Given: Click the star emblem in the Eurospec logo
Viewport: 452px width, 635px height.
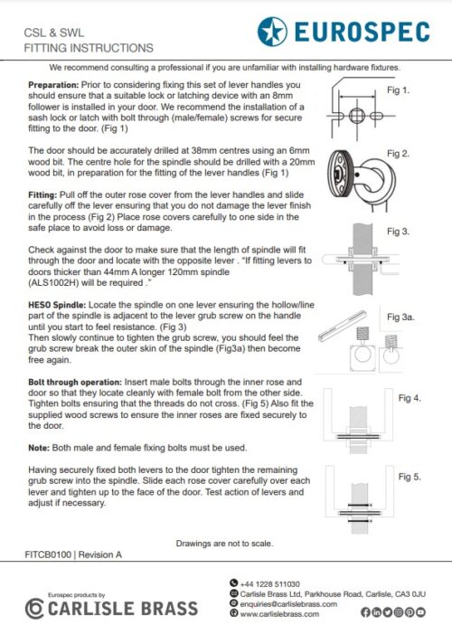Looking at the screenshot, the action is [272, 32].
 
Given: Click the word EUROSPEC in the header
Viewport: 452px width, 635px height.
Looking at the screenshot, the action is [363, 32].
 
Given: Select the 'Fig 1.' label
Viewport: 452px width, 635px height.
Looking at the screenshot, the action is [398, 90].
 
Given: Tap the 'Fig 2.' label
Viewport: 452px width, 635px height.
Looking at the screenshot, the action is [398, 154].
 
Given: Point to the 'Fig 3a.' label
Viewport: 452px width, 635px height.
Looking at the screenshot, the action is [400, 317].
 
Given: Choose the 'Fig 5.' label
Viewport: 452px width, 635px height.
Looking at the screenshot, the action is [410, 477].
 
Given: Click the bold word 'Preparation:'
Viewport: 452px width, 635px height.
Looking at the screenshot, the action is [53, 85].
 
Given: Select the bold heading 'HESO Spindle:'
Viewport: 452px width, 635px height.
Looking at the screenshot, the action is [57, 305].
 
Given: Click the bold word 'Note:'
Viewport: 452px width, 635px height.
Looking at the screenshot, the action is [39, 448].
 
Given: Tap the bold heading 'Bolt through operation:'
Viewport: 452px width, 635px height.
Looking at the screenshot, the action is [75, 383].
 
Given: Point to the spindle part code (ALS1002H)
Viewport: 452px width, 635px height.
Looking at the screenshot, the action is [53, 283].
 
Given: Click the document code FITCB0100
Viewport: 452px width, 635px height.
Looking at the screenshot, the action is [48, 554].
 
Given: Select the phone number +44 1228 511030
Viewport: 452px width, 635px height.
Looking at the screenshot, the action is [269, 584].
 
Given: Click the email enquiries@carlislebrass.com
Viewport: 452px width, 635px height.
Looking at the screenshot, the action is [288, 604].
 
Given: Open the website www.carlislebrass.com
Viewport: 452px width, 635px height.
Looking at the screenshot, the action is [279, 614].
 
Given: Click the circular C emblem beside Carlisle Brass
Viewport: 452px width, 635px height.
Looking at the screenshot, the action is [34, 609].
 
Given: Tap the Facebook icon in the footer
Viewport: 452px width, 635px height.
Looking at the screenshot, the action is [365, 612].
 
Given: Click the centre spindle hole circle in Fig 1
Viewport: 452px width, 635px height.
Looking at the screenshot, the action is [356, 116].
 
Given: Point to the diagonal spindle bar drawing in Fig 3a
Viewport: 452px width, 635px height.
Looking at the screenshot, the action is [343, 326].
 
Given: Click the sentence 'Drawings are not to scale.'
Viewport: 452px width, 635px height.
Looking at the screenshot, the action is [224, 544].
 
